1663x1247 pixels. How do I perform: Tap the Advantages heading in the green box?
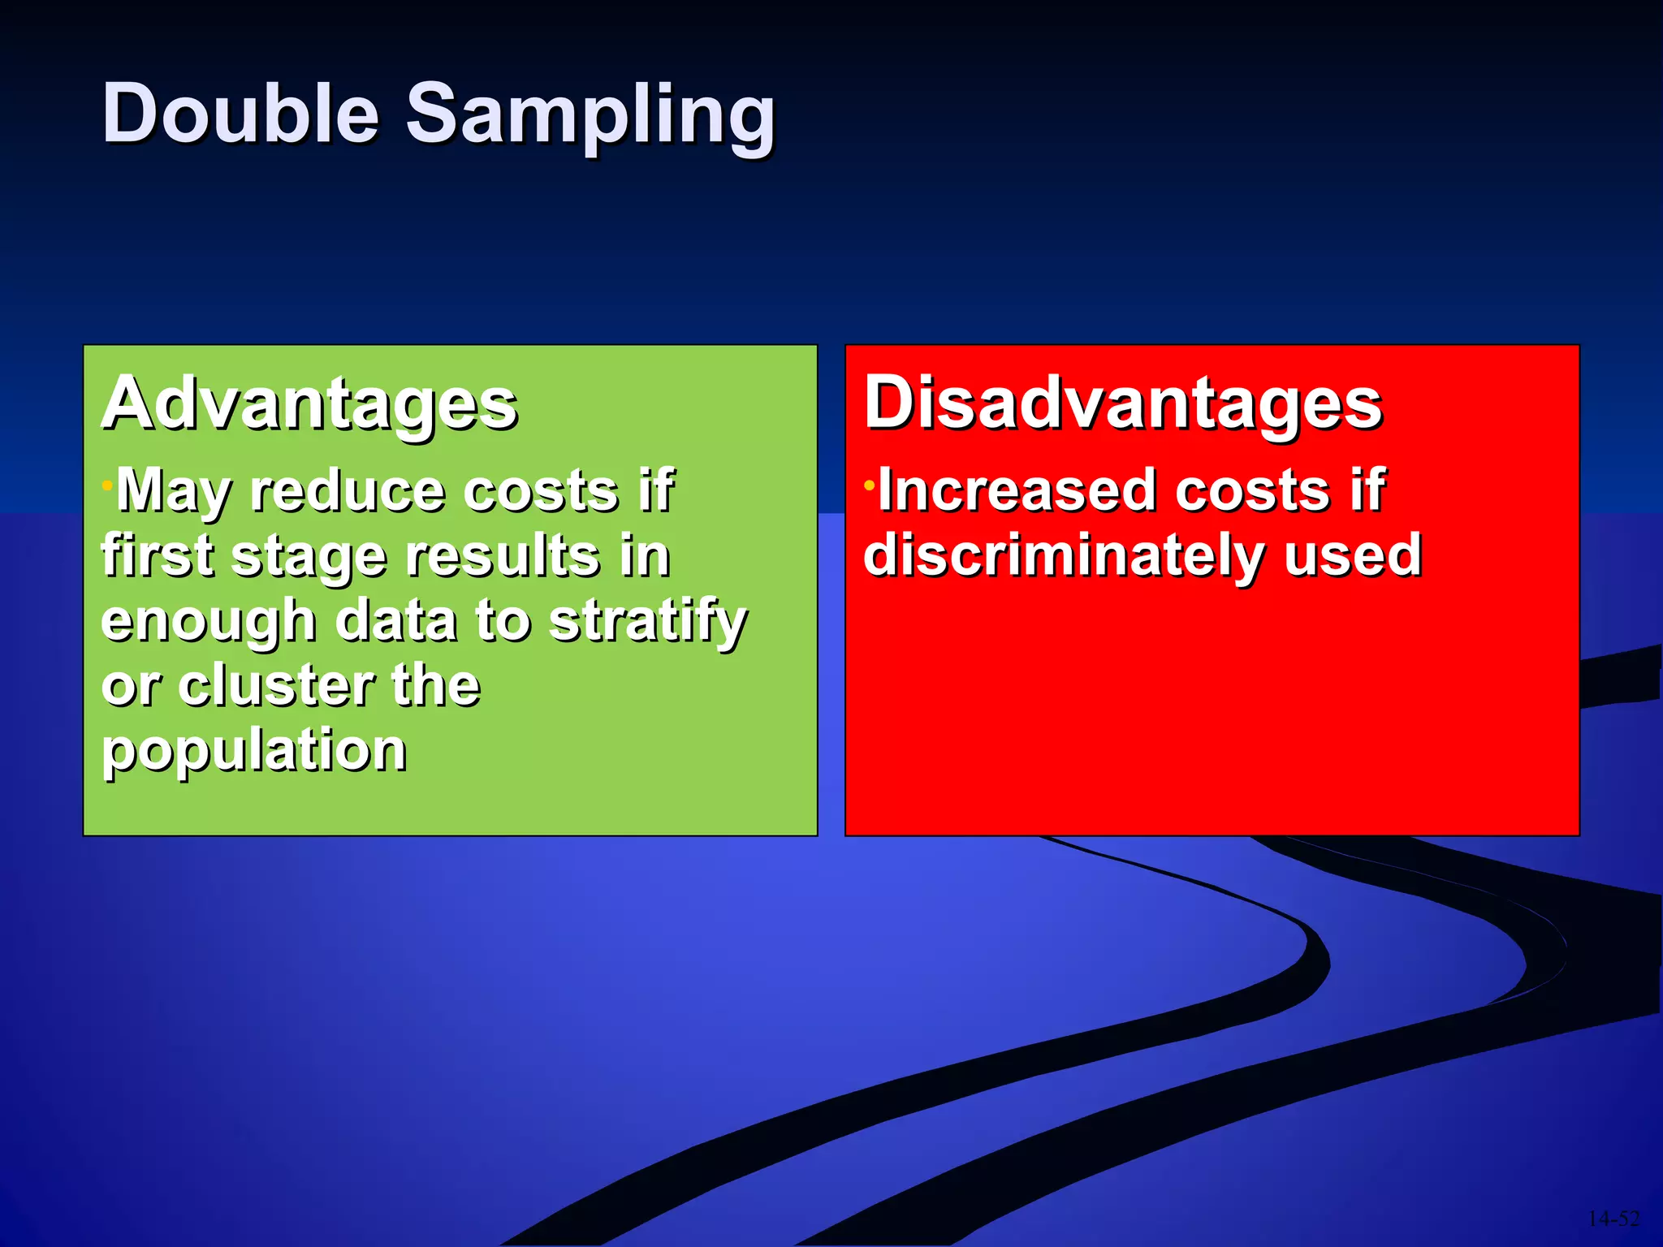point(309,404)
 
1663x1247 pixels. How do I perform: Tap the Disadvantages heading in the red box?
point(1122,404)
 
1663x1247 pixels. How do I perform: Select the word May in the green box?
point(174,492)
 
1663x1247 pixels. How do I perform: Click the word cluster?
point(277,686)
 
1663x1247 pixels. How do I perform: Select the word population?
point(254,751)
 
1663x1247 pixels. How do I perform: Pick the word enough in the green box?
point(208,622)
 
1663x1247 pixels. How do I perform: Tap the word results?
point(503,557)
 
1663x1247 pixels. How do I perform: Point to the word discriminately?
point(1062,557)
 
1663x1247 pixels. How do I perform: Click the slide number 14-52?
point(1613,1219)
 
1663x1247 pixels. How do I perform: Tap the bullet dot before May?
point(106,485)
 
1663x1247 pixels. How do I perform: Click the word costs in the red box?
point(1252,491)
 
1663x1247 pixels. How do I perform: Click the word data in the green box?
point(395,622)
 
